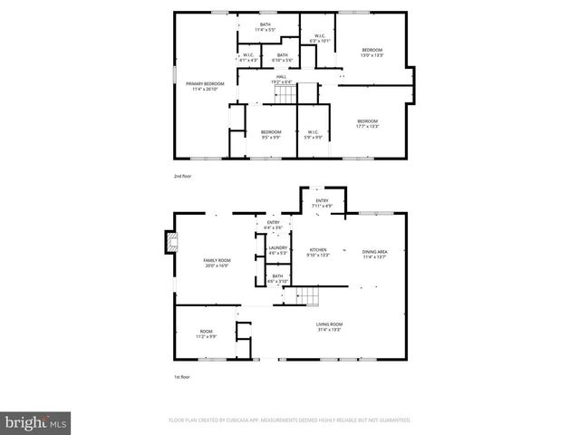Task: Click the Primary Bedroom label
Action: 205,86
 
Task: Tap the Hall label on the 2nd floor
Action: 282,79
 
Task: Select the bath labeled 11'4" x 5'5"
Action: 266,27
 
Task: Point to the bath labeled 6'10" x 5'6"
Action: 283,57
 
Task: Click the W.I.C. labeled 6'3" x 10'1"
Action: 320,39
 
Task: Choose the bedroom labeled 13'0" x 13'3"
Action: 372,52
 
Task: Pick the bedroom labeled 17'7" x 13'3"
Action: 367,124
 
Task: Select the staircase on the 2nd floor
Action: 304,92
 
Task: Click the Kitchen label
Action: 319,252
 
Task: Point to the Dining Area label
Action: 374,253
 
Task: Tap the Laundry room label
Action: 277,250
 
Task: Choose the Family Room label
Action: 215,263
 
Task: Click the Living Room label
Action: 328,327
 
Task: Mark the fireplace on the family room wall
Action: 169,243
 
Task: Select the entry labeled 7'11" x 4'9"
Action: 322,203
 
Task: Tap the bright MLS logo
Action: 36,422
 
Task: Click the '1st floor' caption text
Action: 182,377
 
